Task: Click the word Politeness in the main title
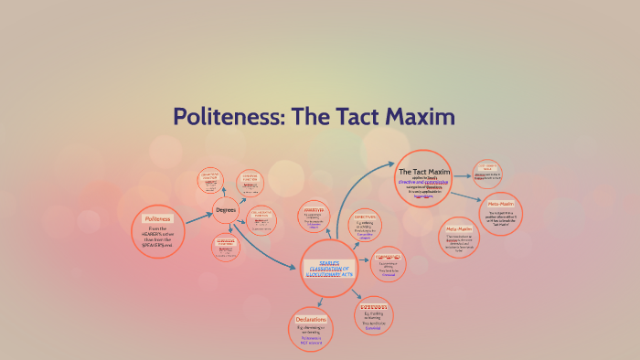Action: [229, 117]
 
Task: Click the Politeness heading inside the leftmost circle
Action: [159, 219]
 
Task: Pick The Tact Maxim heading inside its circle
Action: [425, 171]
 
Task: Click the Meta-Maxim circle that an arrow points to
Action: [501, 212]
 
